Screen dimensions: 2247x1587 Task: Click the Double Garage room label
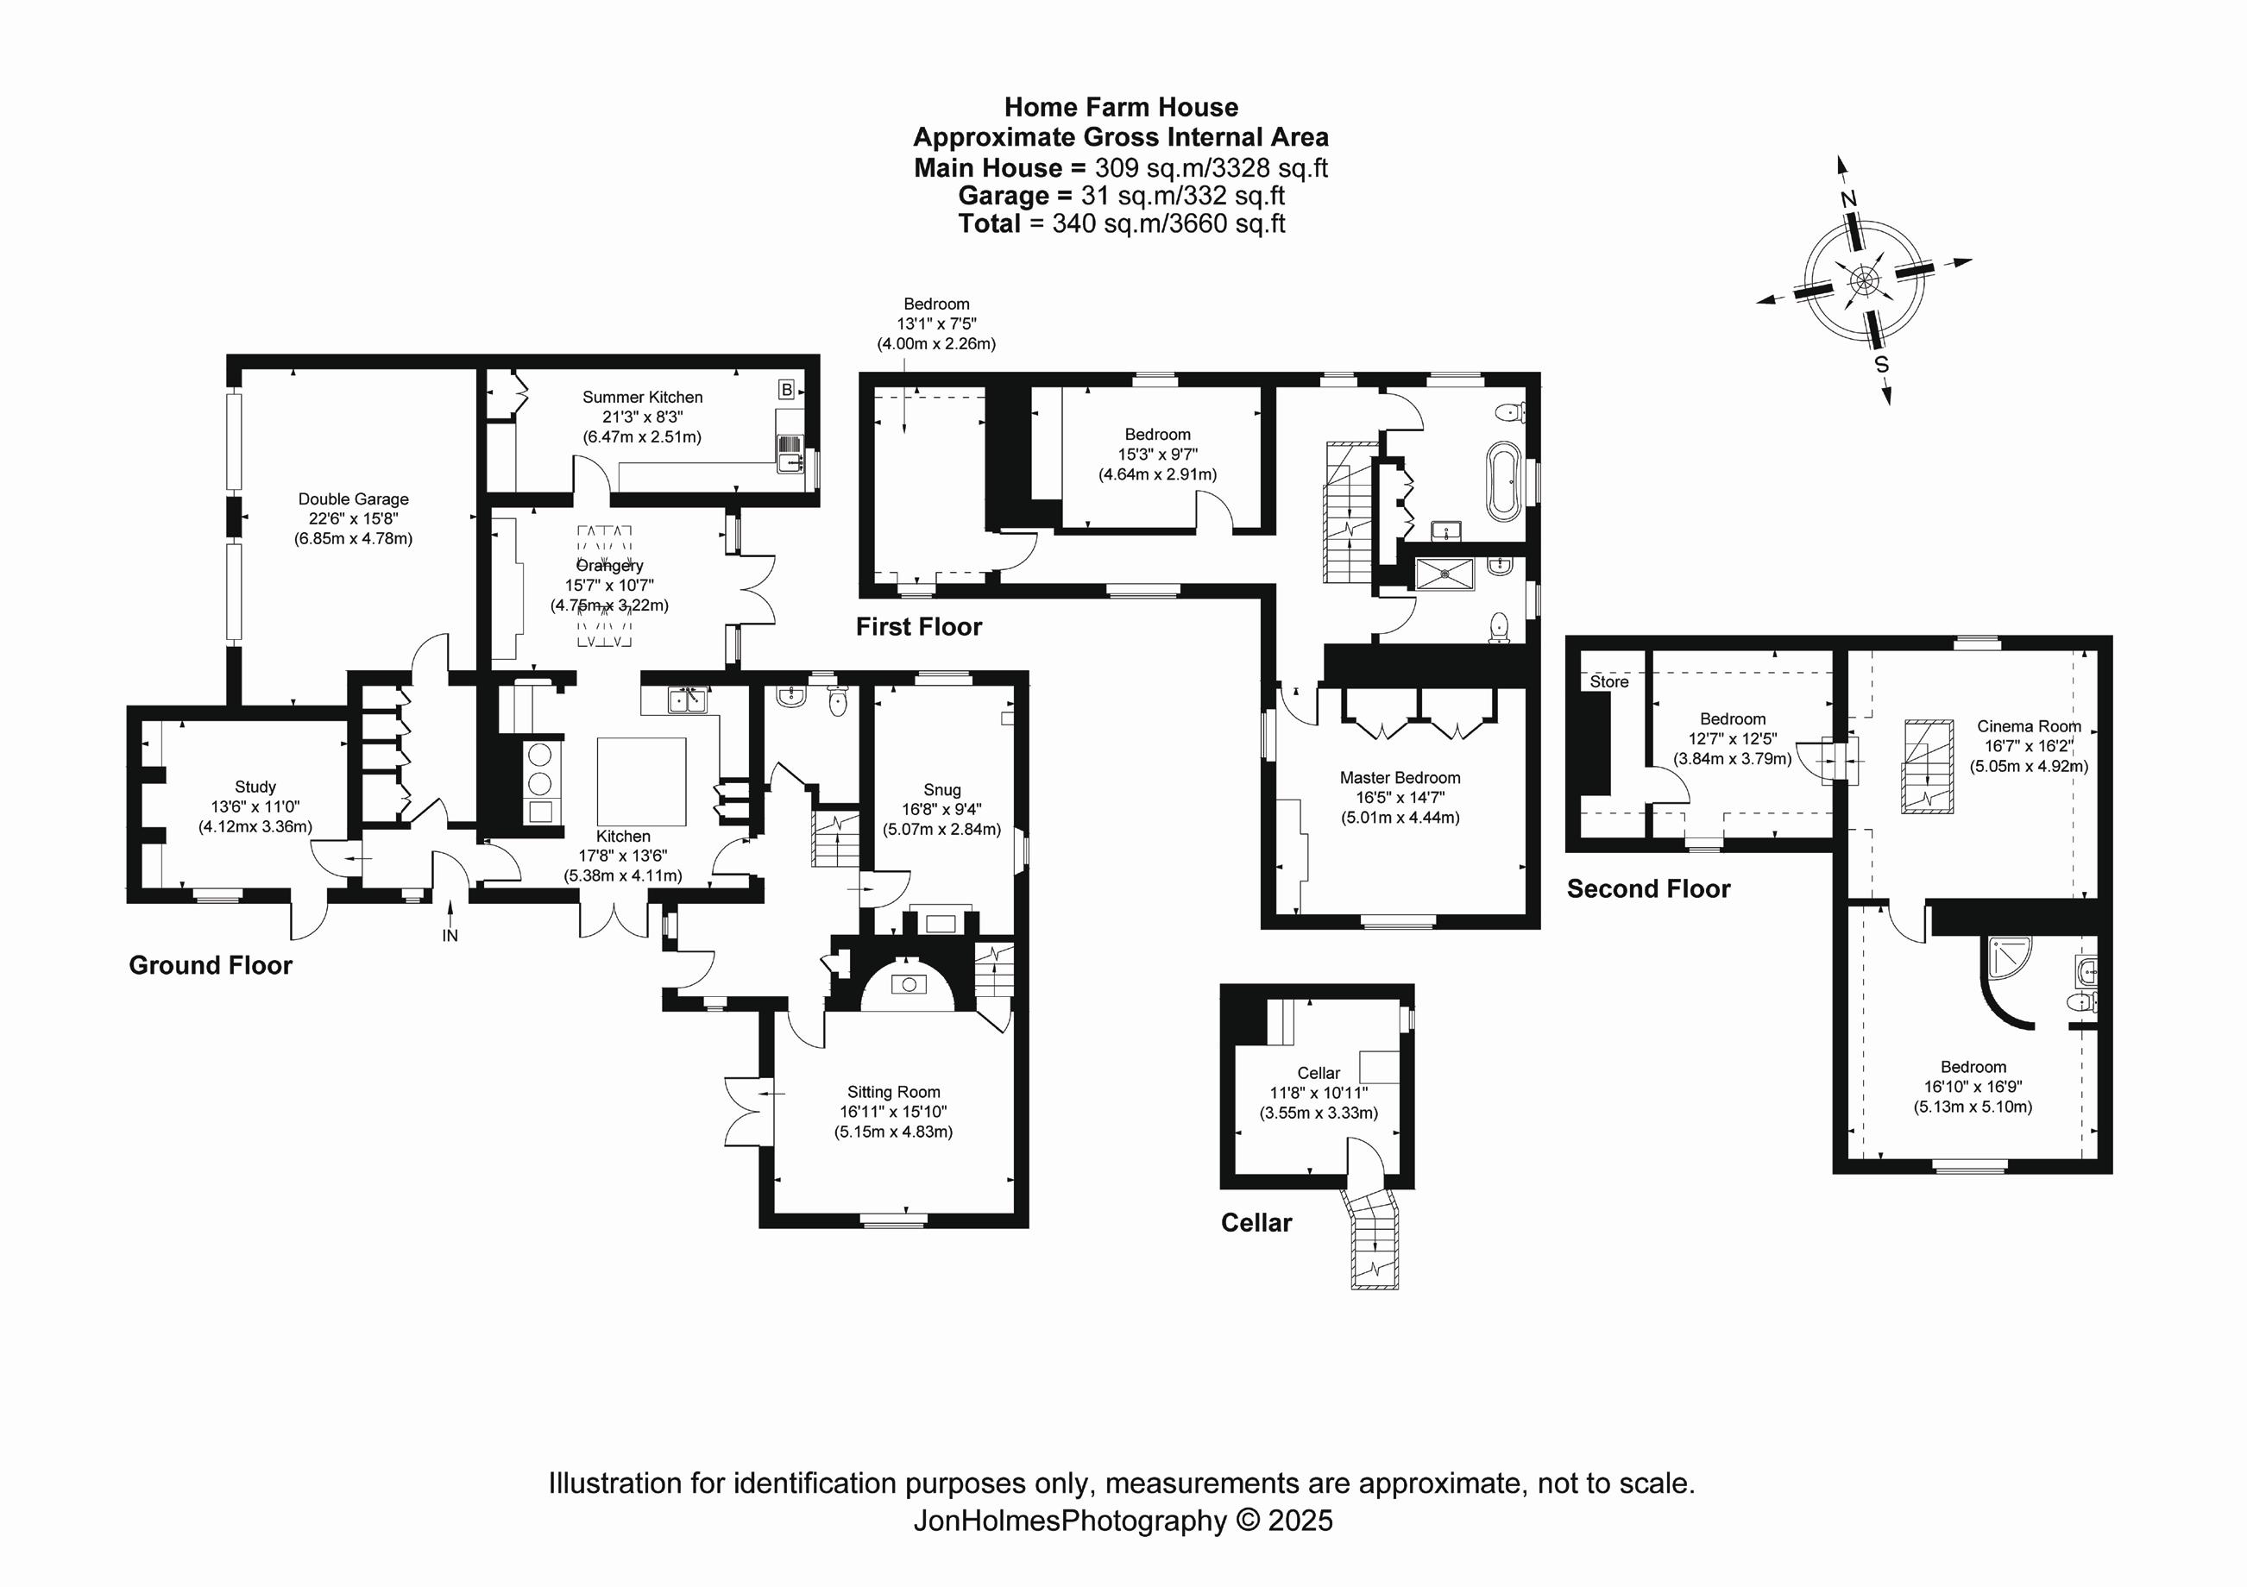353,500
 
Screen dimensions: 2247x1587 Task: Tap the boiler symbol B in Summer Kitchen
786,389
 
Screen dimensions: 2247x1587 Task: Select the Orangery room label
610,566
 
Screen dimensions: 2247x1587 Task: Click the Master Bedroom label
1400,778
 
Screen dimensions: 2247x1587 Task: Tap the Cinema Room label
2028,726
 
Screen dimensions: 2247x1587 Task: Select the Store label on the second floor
1609,682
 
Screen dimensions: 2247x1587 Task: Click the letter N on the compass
1847,199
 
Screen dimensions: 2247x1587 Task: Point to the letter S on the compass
1881,364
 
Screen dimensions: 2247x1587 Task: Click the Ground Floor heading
211,966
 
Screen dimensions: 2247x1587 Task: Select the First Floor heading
918,627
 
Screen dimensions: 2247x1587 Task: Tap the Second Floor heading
1648,888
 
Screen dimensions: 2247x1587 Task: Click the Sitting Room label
892,1092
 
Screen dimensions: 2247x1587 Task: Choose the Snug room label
941,789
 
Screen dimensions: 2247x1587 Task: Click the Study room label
255,787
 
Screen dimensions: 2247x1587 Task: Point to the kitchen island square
641,781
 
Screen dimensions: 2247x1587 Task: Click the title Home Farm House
1121,108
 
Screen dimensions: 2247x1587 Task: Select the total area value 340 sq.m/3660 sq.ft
1168,224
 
